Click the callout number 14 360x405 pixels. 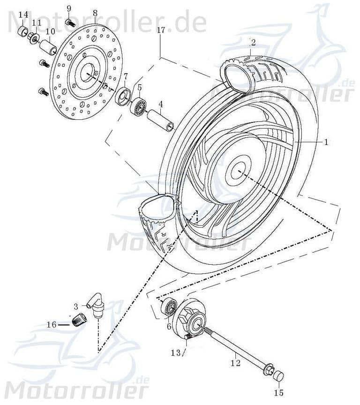tap(23, 15)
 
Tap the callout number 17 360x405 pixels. tap(161, 31)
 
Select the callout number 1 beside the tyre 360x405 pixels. tap(327, 141)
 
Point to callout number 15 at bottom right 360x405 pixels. tap(278, 392)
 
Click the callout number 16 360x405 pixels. tap(51, 324)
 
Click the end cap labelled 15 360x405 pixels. tap(278, 376)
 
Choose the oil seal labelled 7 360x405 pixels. tap(123, 96)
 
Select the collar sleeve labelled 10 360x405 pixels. tap(48, 47)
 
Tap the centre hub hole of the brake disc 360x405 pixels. tap(88, 74)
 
